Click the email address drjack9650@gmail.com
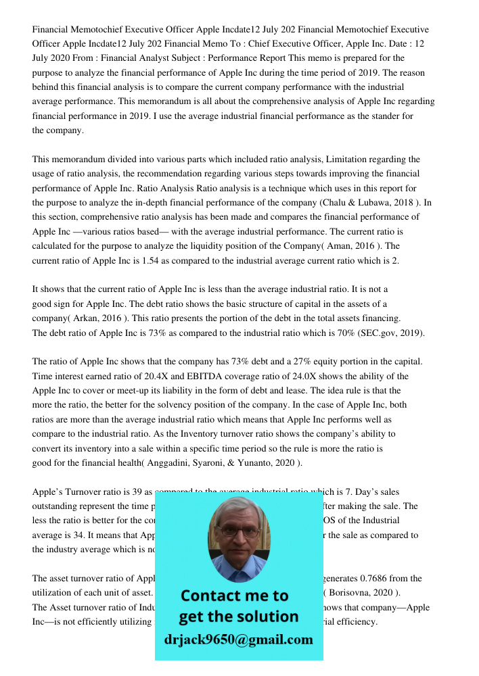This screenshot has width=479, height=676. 239,639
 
